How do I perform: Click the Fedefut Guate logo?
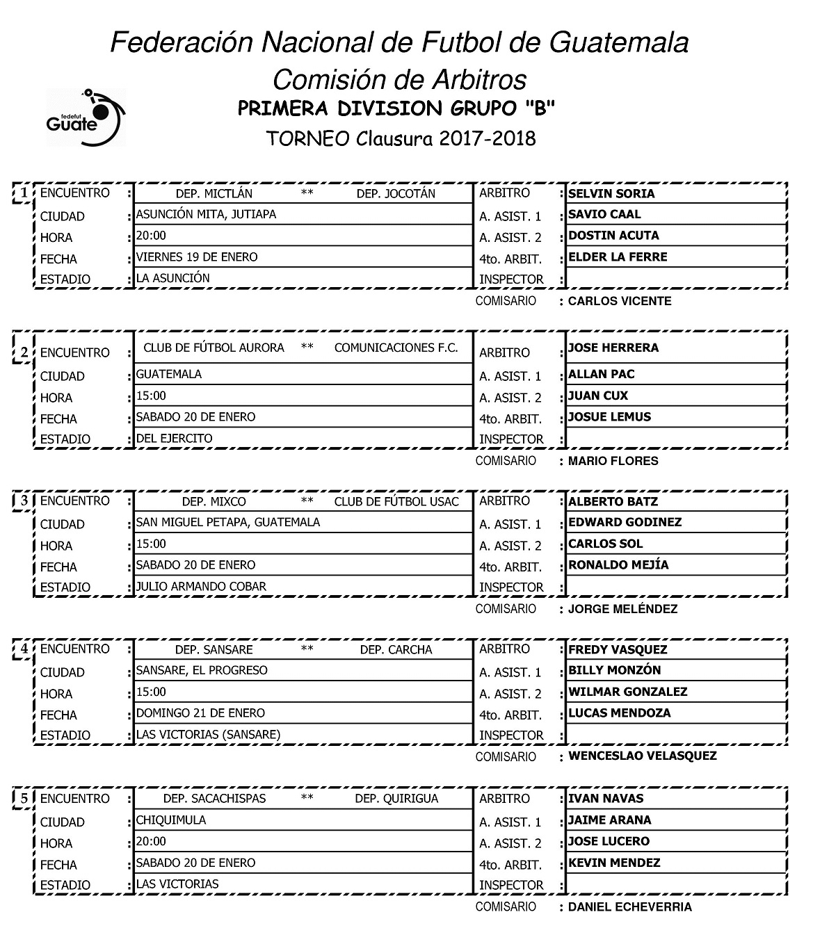point(86,117)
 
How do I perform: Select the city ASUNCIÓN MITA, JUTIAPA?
point(206,214)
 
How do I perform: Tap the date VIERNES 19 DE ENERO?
point(197,257)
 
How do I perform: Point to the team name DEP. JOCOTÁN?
point(396,193)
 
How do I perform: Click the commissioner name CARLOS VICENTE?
point(620,301)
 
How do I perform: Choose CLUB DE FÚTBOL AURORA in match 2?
point(214,348)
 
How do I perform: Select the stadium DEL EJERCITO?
point(175,438)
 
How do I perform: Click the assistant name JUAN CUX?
point(598,396)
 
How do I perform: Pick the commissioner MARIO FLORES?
point(613,460)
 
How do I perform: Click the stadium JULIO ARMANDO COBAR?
point(201,586)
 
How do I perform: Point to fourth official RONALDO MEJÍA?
point(618,564)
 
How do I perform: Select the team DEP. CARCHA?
point(396,649)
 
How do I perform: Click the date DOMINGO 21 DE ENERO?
point(200,713)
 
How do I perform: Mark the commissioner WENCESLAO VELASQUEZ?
point(642,756)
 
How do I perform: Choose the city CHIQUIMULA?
point(171,820)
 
